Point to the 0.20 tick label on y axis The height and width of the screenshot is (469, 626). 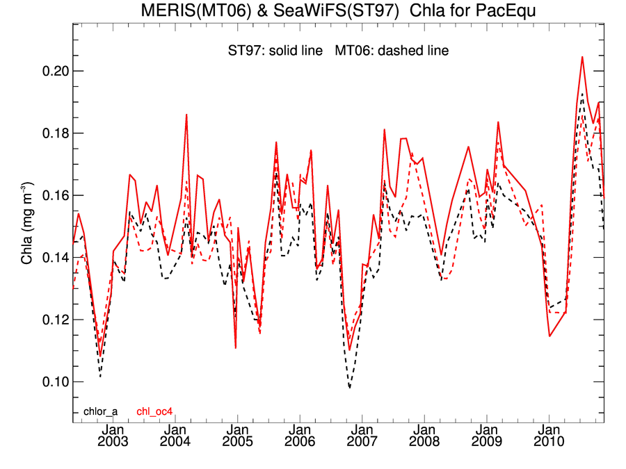pyautogui.click(x=51, y=72)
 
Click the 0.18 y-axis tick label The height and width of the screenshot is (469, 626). pyautogui.click(x=51, y=133)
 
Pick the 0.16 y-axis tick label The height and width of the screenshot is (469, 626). pyautogui.click(x=51, y=195)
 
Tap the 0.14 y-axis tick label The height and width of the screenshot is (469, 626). pyautogui.click(x=51, y=258)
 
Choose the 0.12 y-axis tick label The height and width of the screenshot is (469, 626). pyautogui.click(x=51, y=320)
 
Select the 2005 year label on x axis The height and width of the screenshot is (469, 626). pyautogui.click(x=237, y=442)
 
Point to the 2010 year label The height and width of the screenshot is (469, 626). pyautogui.click(x=549, y=442)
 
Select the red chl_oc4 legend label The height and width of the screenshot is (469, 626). pyautogui.click(x=154, y=411)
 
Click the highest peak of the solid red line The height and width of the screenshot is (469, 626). pyautogui.click(x=582, y=57)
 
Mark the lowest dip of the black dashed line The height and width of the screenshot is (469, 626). pyautogui.click(x=349, y=388)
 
